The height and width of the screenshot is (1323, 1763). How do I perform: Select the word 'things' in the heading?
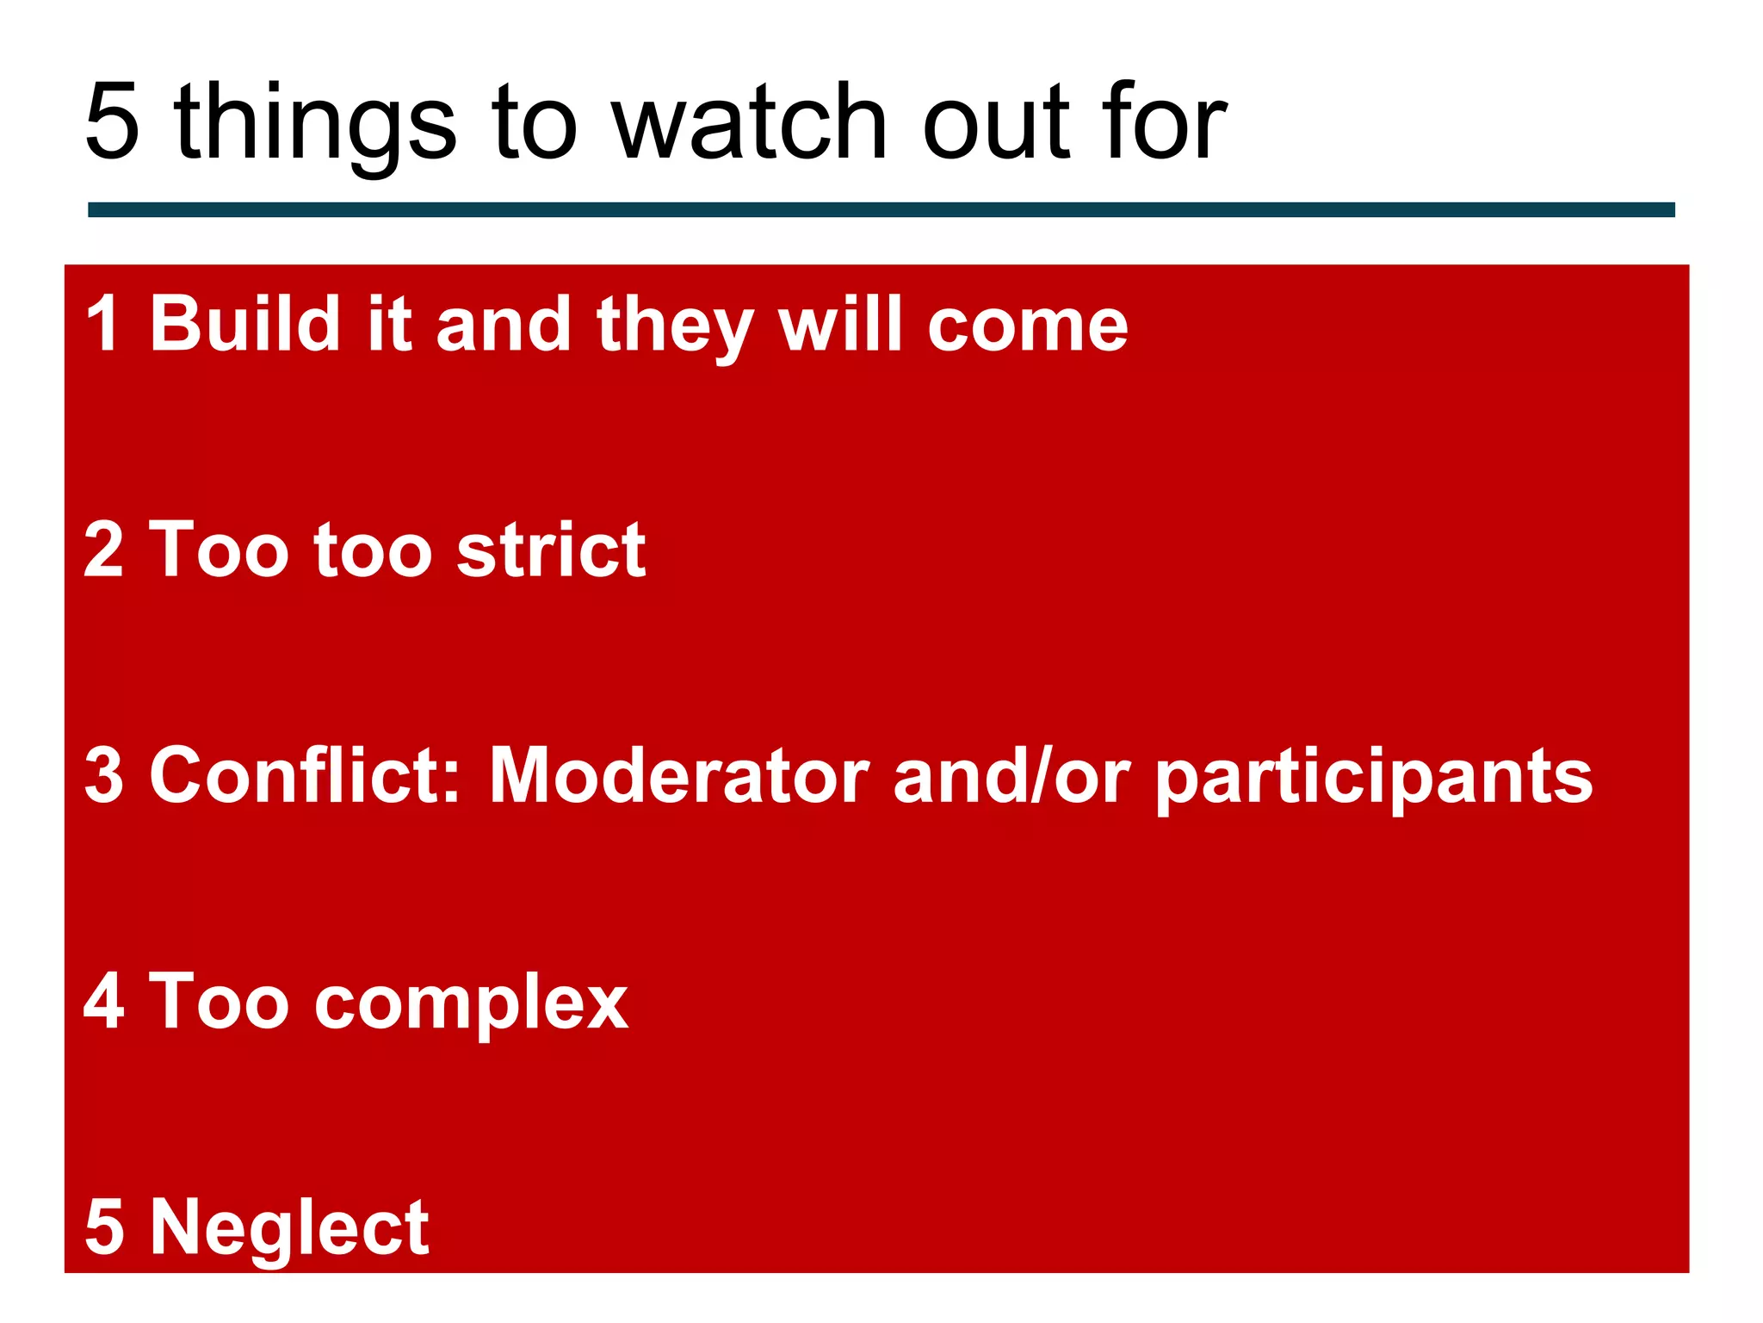(x=314, y=125)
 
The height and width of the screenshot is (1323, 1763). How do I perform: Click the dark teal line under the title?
(x=881, y=209)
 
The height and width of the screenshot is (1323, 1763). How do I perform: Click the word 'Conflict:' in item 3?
(x=306, y=774)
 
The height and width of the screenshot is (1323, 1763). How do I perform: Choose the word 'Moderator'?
(x=680, y=774)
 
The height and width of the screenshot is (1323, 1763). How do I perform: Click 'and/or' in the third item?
(x=1011, y=774)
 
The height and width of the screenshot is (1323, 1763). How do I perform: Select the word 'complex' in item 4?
(x=471, y=1004)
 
